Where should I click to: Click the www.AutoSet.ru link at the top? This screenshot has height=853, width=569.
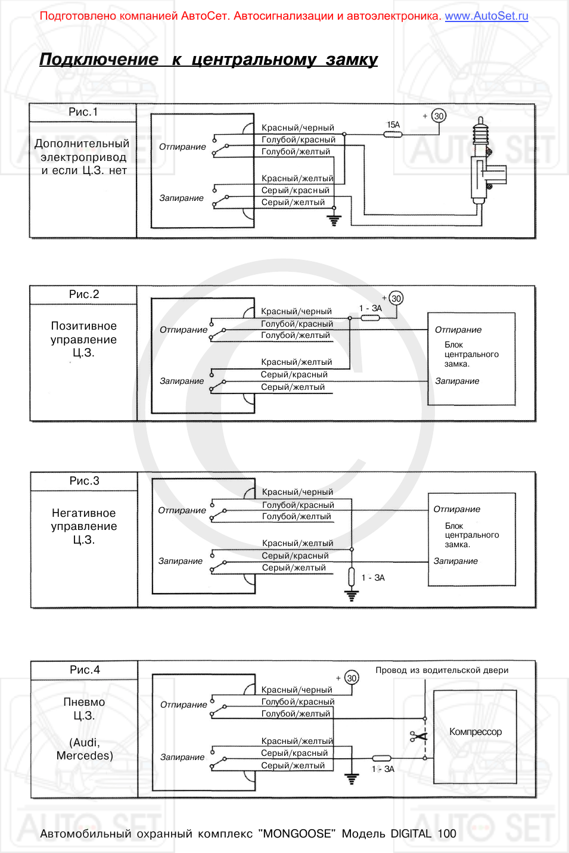[486, 16]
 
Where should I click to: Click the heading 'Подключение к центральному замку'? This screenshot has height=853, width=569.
[208, 60]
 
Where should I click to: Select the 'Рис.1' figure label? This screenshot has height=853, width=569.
[83, 112]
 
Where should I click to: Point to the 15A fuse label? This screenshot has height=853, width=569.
[393, 125]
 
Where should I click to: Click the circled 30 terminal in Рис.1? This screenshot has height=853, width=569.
[439, 116]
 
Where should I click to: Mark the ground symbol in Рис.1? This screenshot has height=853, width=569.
[334, 221]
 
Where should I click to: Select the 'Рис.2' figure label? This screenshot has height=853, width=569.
[84, 294]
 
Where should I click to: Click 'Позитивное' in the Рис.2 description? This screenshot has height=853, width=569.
[84, 326]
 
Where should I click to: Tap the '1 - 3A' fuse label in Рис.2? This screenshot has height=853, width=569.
[371, 308]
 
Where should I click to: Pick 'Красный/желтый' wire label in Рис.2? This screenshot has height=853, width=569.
[296, 362]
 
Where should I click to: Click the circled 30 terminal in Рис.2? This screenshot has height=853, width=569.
[396, 299]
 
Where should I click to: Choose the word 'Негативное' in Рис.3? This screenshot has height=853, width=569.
[84, 513]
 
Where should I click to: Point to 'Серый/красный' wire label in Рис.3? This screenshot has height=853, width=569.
[295, 556]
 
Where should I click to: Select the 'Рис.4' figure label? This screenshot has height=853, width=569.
[85, 670]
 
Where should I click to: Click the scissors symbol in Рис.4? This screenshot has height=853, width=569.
[419, 737]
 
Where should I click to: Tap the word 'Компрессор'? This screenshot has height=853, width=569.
[475, 732]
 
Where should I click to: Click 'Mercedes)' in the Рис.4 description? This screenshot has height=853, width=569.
[85, 756]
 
